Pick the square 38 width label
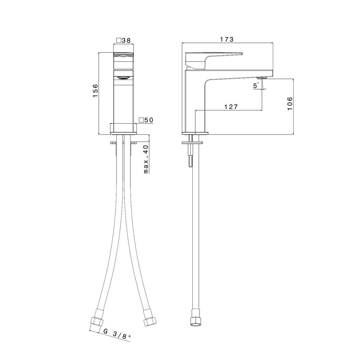tap(124, 40)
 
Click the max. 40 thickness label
tap(146, 159)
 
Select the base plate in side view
tap(195, 133)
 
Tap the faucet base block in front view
tap(124, 128)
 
